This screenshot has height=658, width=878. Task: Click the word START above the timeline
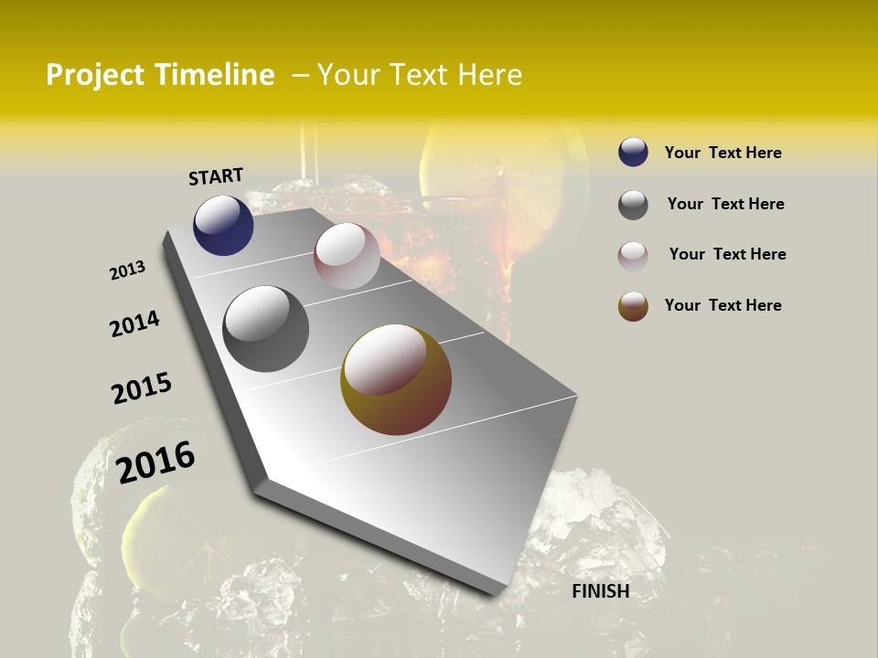pos(216,175)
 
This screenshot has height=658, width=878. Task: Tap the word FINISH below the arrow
pos(600,591)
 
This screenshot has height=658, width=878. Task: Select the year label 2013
pos(127,271)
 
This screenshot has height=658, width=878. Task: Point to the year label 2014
pos(134,324)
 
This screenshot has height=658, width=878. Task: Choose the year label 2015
pos(142,388)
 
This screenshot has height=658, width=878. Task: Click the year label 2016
pos(155,462)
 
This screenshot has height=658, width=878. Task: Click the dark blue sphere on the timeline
pos(223,225)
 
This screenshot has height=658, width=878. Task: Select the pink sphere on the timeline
pos(347,256)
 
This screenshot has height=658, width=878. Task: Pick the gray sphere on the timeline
pos(266,328)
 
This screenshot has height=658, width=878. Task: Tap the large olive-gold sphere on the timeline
pos(396,379)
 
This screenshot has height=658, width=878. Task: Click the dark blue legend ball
pos(633,152)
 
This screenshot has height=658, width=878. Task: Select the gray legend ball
pos(633,205)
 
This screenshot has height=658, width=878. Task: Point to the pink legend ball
pos(633,255)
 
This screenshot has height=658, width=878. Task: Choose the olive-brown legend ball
pos(633,306)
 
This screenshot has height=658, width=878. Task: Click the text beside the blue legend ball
pos(723,153)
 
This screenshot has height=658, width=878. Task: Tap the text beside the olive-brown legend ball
pos(723,305)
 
